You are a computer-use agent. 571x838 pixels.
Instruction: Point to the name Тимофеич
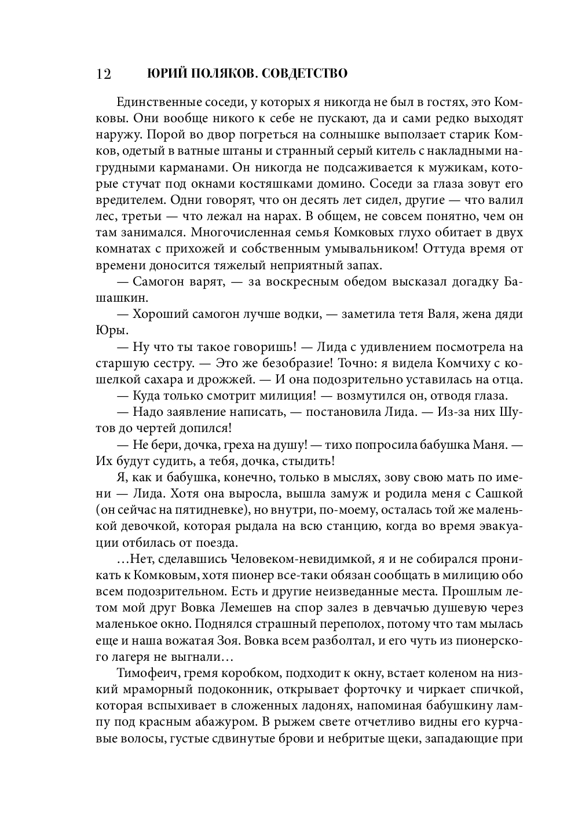tap(145, 674)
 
